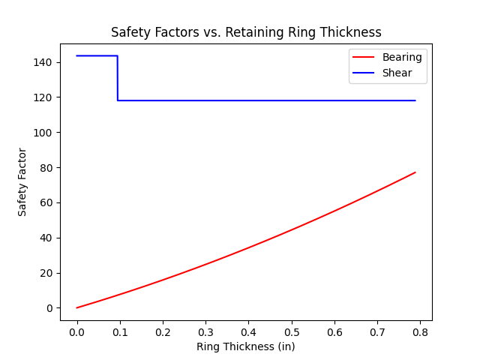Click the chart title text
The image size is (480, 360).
246,32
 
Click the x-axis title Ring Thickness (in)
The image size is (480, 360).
246,346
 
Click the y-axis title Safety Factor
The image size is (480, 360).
22,181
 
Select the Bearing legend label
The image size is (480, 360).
403,57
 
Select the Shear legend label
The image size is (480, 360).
398,72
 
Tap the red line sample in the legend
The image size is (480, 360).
364,57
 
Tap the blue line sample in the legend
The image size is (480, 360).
364,72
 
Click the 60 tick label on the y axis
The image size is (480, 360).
46,202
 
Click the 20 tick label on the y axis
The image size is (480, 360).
46,273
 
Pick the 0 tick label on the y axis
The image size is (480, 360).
49,308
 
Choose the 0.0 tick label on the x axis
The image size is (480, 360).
76,330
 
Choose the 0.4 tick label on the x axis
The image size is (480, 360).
248,330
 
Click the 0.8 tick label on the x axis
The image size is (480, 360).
420,330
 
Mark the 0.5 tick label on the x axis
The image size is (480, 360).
291,330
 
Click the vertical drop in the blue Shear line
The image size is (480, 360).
117,78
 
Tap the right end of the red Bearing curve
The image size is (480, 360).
415,172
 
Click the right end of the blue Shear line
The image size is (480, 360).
415,100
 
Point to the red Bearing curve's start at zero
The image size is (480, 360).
77,307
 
